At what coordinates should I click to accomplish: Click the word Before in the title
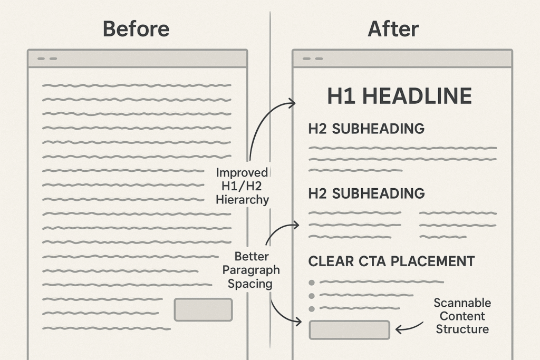click(x=136, y=28)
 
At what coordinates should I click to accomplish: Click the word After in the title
click(x=393, y=28)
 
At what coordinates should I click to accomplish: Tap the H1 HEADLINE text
click(x=400, y=96)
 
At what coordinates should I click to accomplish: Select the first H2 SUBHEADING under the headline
click(x=367, y=129)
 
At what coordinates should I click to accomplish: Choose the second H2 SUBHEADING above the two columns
click(x=367, y=193)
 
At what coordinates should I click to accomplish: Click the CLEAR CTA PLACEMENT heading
click(x=392, y=261)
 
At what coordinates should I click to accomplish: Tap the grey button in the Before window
click(x=203, y=310)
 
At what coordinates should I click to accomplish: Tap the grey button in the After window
click(x=350, y=330)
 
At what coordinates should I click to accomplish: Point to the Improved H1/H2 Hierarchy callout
click(x=243, y=186)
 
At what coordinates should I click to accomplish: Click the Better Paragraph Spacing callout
click(x=251, y=270)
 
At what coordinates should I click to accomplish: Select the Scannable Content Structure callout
click(x=462, y=316)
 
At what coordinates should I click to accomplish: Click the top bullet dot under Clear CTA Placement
click(x=312, y=283)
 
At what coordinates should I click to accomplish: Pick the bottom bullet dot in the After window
click(x=312, y=309)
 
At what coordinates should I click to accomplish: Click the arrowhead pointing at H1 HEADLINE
click(x=293, y=103)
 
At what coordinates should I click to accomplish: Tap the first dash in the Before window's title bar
click(x=41, y=59)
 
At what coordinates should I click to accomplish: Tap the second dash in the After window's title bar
click(x=319, y=59)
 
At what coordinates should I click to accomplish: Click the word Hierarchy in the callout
click(x=243, y=200)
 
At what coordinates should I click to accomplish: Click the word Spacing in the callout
click(x=250, y=284)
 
